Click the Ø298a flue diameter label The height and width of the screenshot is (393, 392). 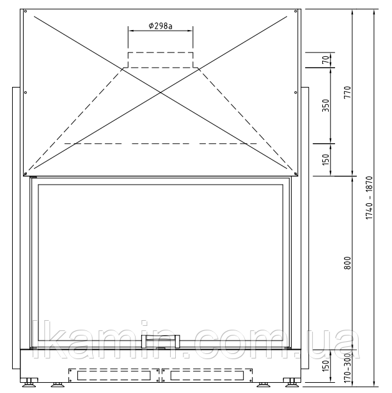pyautogui.click(x=161, y=26)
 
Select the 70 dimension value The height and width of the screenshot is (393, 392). pyautogui.click(x=325, y=60)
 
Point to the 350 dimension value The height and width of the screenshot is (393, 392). pyautogui.click(x=325, y=105)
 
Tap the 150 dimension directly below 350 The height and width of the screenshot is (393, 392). pyautogui.click(x=325, y=160)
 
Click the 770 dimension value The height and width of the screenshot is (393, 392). pyautogui.click(x=348, y=92)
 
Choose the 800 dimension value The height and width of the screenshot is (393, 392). pyautogui.click(x=348, y=263)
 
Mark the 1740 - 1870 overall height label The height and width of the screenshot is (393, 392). pyautogui.click(x=370, y=198)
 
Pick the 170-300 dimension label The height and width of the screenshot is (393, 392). pyautogui.click(x=348, y=367)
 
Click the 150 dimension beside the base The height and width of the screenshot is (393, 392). pyautogui.click(x=325, y=366)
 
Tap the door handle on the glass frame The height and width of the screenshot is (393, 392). pyautogui.click(x=161, y=341)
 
